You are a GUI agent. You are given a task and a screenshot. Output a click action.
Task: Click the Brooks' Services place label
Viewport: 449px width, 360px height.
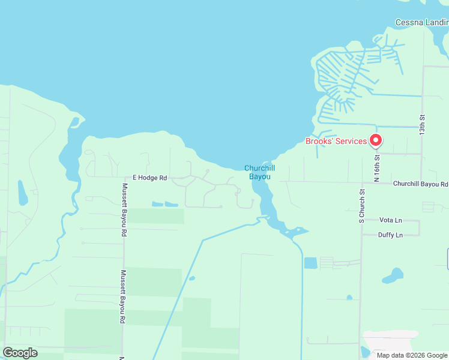336,142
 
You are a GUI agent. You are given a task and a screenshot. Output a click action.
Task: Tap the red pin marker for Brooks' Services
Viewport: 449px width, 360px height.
376,140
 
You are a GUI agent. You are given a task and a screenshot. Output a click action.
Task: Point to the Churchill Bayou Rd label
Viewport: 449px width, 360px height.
420,184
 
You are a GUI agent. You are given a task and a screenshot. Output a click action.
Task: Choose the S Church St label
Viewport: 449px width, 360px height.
362,206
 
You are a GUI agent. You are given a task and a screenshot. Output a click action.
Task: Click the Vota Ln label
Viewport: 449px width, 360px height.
391,220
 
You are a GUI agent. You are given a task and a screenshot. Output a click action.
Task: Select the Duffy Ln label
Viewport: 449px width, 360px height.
390,235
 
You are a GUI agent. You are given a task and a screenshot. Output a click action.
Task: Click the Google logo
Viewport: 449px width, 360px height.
20,353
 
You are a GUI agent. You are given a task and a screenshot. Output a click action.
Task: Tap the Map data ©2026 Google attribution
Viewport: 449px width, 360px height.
411,355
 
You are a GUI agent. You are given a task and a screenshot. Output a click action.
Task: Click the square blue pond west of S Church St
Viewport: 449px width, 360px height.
310,263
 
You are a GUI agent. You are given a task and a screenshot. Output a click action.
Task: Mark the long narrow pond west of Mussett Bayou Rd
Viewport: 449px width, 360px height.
22,193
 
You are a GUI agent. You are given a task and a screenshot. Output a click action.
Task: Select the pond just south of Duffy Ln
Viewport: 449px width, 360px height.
393,276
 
